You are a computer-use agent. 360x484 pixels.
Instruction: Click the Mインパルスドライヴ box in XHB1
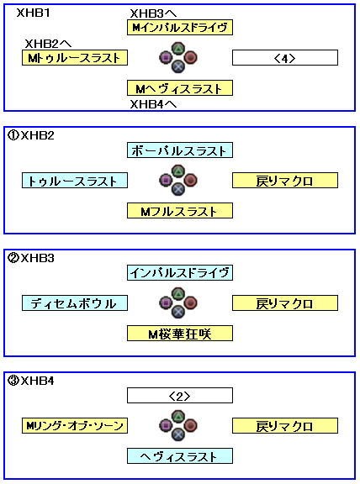pos(180,28)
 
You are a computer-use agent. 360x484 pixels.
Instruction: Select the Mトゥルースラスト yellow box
pos(75,58)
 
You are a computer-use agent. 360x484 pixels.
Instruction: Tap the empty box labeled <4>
pos(285,58)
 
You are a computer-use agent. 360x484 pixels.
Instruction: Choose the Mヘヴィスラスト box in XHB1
pos(180,88)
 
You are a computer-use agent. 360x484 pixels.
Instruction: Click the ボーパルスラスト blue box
pos(180,150)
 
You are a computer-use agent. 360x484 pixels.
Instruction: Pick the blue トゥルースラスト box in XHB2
pos(75,181)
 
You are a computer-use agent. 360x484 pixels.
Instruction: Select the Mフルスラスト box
pos(180,211)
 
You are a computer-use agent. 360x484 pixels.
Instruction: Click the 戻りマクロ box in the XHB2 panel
pos(285,181)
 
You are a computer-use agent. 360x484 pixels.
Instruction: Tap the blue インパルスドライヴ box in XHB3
pos(180,272)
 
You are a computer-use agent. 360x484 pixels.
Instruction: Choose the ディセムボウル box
pos(75,303)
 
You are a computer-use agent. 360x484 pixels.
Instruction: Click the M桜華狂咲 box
pos(180,334)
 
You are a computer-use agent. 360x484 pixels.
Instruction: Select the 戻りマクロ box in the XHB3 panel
pos(285,303)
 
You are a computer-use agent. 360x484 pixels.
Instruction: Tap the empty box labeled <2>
pos(180,396)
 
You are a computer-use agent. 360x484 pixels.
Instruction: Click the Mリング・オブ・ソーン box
pos(75,426)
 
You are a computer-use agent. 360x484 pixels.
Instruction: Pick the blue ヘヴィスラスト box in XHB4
pos(180,456)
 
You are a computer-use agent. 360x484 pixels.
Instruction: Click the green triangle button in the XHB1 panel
pos(178,49)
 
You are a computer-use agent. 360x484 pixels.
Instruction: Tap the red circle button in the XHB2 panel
pos(190,181)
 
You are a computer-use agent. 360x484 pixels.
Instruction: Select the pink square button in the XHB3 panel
pos(166,303)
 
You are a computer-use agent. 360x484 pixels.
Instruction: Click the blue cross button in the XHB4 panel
pos(178,434)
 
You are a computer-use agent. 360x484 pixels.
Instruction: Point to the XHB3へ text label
pos(153,13)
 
